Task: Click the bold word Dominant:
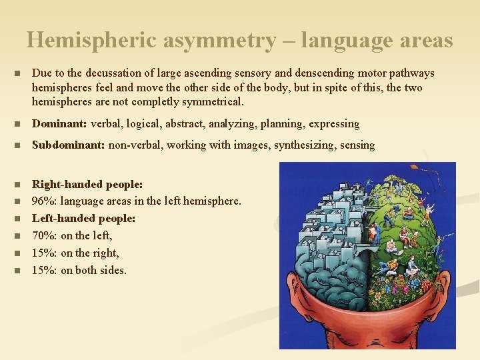pos(59,123)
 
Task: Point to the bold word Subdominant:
pos(69,145)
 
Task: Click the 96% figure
pos(45,200)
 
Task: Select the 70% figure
pos(45,235)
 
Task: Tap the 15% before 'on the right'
pos(45,253)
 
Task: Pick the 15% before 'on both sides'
pos(45,270)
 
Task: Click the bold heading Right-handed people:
pos(87,183)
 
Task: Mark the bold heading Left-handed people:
pos(84,218)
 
